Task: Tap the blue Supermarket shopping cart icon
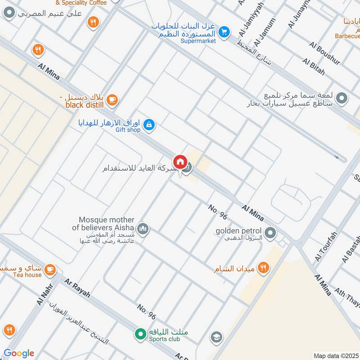click(x=224, y=32)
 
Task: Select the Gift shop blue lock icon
click(x=150, y=125)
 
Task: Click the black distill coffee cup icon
click(x=112, y=100)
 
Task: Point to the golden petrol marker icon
click(x=270, y=233)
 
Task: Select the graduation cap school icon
click(x=216, y=337)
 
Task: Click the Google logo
click(x=19, y=353)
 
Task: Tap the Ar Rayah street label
click(x=77, y=288)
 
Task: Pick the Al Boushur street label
click(x=325, y=52)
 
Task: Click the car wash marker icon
click(x=342, y=98)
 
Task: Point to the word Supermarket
click(x=198, y=41)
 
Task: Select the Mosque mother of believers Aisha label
click(x=107, y=224)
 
